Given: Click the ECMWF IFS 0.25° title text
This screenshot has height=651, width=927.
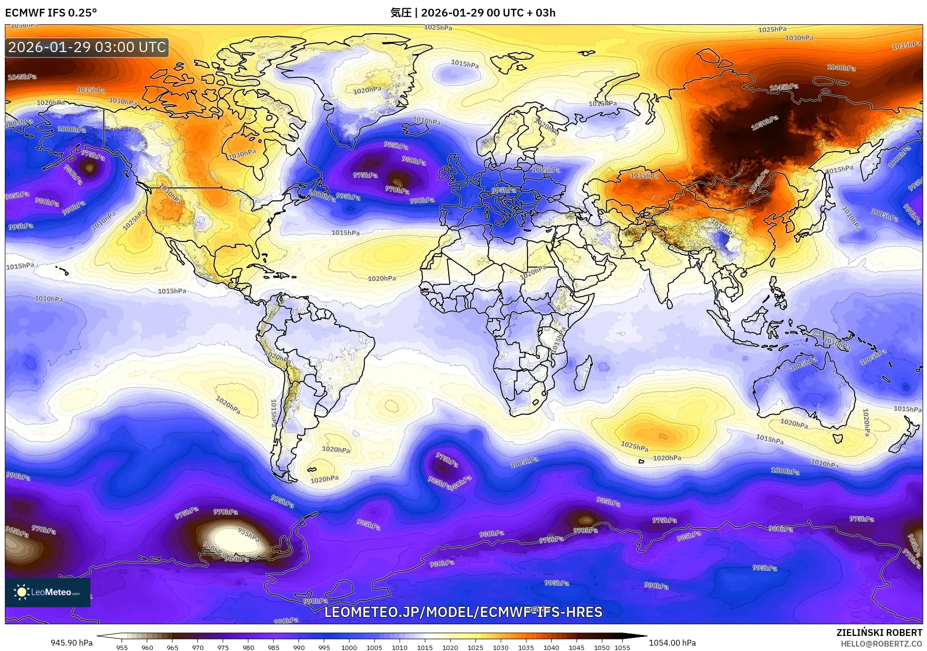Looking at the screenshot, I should click(51, 13).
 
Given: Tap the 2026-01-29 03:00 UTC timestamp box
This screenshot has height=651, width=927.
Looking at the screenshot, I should click(87, 47).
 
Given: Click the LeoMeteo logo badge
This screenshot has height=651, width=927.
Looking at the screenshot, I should click(48, 592).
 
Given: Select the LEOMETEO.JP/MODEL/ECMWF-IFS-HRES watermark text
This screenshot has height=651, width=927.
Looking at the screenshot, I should click(463, 612).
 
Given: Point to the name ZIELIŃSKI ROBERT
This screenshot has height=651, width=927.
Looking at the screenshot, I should click(879, 633).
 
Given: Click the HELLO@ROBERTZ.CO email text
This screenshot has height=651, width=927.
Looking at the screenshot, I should click(881, 644).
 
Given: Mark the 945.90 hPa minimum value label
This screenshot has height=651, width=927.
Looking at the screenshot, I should click(71, 643).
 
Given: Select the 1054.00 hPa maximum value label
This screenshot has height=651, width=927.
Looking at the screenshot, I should click(672, 643).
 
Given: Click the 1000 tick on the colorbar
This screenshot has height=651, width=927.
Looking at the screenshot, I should click(349, 648).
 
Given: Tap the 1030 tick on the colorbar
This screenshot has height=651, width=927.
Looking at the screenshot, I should click(501, 648).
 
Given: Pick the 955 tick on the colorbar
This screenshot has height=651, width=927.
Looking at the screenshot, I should click(122, 648).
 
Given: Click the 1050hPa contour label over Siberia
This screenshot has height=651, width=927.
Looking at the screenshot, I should click(765, 123).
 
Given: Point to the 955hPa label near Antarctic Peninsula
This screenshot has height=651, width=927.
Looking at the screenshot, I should click(248, 534).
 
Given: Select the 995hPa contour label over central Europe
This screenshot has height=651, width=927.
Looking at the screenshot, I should click(504, 190).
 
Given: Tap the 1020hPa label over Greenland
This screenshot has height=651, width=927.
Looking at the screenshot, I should click(367, 90).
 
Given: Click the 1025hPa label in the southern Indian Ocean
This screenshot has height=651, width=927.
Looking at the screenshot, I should click(634, 446).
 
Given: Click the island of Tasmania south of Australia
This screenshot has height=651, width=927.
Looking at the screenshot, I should click(838, 437).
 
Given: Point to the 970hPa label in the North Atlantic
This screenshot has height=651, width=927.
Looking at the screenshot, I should click(397, 190).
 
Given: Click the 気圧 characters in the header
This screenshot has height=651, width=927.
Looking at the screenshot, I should click(401, 13).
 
